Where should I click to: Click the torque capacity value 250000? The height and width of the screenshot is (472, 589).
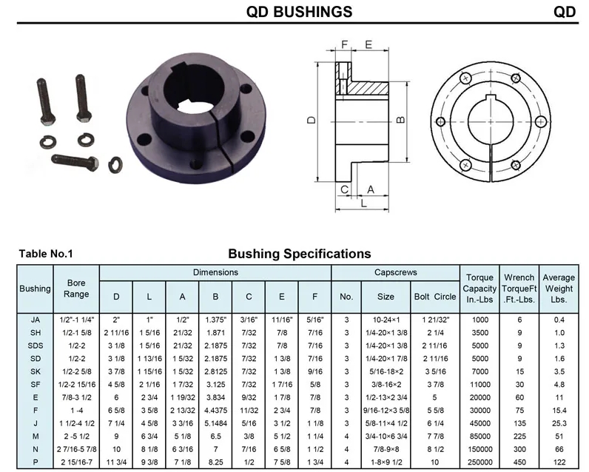tap(480, 462)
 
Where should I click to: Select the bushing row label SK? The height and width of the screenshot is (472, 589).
tap(36, 371)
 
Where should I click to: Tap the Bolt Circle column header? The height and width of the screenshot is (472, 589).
tap(435, 297)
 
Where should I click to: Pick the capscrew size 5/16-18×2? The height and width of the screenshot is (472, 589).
tap(386, 371)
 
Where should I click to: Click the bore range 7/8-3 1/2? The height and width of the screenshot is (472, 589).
tap(77, 397)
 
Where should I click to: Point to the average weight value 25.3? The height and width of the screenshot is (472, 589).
tap(559, 423)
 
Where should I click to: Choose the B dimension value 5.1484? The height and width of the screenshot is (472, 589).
tap(215, 423)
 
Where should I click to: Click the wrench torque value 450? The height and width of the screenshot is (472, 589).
tap(519, 462)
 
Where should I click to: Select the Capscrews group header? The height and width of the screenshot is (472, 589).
tap(396, 272)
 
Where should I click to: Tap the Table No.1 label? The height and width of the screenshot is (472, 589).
tap(46, 254)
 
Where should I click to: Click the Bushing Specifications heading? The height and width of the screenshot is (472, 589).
tap(300, 254)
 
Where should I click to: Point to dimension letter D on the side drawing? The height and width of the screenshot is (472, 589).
tap(312, 120)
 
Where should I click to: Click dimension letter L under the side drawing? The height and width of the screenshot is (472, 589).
tap(363, 203)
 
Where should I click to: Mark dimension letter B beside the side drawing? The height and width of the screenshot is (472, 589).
tap(400, 120)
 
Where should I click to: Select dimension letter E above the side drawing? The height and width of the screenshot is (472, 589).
tap(368, 44)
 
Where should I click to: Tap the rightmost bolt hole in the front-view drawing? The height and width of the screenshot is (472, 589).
tap(541, 121)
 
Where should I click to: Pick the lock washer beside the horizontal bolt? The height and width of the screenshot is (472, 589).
tap(115, 165)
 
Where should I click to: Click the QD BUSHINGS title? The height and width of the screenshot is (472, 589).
tap(300, 12)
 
